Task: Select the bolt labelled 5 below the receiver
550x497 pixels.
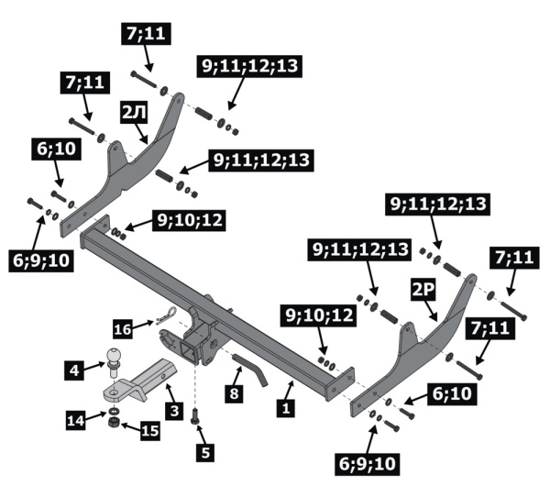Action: [196, 416]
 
